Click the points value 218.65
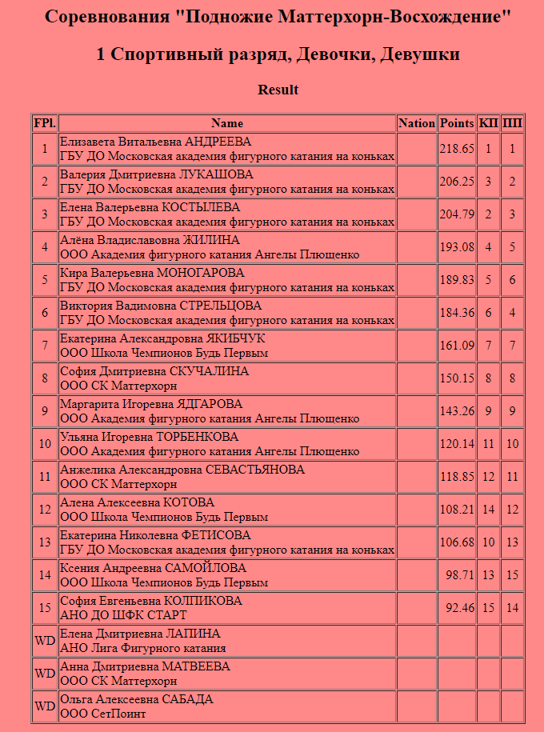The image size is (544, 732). click(x=457, y=149)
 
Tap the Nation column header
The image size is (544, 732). click(x=416, y=123)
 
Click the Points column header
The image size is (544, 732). click(x=457, y=123)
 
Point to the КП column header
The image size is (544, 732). click(x=488, y=123)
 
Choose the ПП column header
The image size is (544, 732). click(x=512, y=123)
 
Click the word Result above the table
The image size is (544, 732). click(x=278, y=90)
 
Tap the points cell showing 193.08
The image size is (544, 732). click(x=457, y=247)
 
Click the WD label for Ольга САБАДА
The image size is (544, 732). click(x=45, y=706)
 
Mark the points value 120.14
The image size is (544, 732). click(x=457, y=444)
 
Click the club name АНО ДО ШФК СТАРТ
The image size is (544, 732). click(x=123, y=615)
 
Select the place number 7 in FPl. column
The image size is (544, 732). click(x=45, y=346)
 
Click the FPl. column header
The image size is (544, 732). click(x=45, y=123)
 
